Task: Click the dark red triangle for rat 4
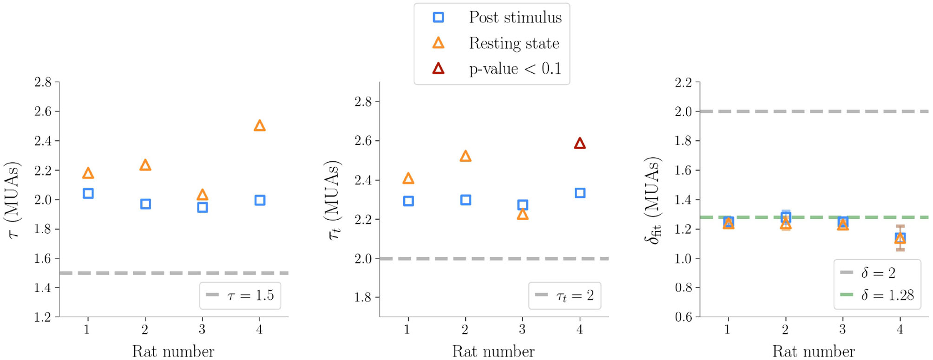pos(579,144)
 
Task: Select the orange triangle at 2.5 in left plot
pos(260,126)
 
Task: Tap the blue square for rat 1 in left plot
pos(88,193)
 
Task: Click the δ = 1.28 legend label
pos(887,295)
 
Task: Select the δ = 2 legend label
pos(878,273)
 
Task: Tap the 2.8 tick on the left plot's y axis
pos(43,82)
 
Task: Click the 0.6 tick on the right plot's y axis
pos(683,317)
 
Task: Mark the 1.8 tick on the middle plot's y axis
pos(363,297)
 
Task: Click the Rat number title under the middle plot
pos(493,351)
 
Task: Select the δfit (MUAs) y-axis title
pos(652,200)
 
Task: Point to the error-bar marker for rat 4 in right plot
pos(900,238)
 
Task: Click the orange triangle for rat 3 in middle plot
pos(523,215)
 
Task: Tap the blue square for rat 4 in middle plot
pos(580,193)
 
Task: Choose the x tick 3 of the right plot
pos(842,329)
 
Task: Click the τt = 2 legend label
pos(575,295)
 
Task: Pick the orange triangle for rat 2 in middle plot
pos(466,156)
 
